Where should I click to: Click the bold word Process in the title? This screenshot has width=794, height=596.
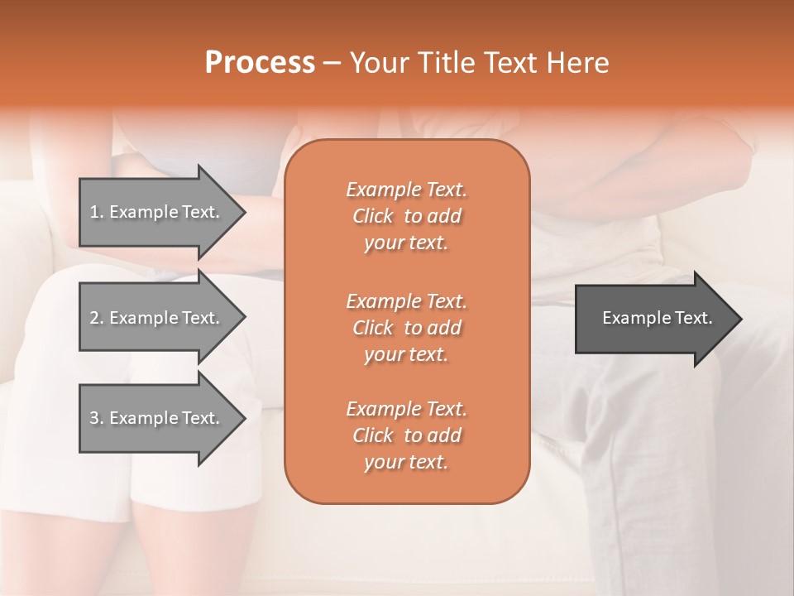pos(260,63)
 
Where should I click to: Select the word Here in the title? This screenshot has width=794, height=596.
pos(578,63)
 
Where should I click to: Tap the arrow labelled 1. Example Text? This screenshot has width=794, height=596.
pos(157,212)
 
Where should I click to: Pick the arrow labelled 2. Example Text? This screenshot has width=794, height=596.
pos(157,318)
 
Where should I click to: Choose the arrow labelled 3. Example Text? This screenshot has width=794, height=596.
pos(157,418)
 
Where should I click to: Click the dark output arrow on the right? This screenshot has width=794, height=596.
pos(653,319)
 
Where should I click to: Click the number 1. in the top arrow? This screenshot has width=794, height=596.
pos(97,212)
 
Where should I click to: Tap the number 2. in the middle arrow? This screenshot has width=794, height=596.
pos(97,318)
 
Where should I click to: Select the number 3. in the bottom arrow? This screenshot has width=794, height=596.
pos(97,418)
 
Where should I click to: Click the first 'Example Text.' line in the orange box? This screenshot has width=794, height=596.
pos(406,190)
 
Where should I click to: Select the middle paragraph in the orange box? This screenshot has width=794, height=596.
pos(406,328)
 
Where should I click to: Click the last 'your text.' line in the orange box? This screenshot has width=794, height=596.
pos(406,463)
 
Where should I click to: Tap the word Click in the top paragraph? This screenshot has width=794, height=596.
pos(372,216)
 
